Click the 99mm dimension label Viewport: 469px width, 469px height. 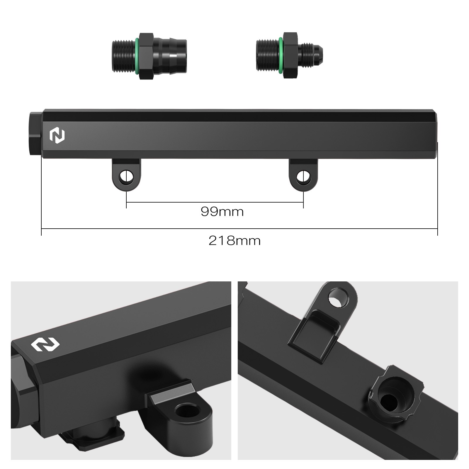pyautogui.click(x=222, y=211)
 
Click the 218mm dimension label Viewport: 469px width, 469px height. pyautogui.click(x=235, y=241)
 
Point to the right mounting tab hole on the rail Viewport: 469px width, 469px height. pyautogui.click(x=303, y=176)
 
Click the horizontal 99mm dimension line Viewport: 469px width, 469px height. pyautogui.click(x=215, y=202)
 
